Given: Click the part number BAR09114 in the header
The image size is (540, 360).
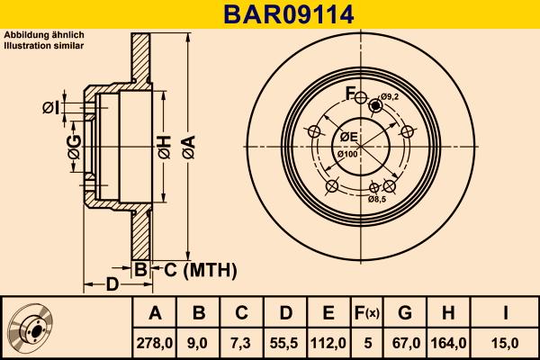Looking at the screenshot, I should (270, 14).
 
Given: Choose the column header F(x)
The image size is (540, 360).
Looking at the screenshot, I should (367, 312).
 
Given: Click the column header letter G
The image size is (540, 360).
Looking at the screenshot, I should (405, 312).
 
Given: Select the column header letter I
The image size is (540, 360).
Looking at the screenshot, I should (506, 312).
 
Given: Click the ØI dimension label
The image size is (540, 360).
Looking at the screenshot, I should (51, 109).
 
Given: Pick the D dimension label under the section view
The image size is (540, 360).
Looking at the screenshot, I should (111, 286).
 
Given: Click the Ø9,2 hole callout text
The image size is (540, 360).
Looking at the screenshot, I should (390, 97).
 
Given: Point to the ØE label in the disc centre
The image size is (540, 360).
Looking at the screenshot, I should (348, 137).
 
